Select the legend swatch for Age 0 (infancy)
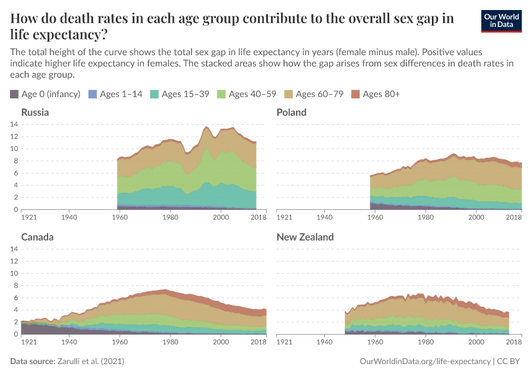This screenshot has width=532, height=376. (x=14, y=94)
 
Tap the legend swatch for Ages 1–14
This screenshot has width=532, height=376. (x=93, y=94)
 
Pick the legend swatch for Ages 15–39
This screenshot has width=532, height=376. (x=155, y=94)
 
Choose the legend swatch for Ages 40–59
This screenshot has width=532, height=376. (x=222, y=94)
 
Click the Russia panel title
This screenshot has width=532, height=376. (x=35, y=112)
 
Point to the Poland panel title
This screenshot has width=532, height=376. (x=292, y=112)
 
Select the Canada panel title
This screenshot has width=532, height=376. (x=38, y=237)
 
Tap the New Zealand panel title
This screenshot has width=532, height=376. (x=305, y=237)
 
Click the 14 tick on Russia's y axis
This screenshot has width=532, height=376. (x=14, y=124)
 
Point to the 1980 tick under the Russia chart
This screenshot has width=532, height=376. (x=170, y=217)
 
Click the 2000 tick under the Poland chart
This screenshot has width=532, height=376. (x=476, y=217)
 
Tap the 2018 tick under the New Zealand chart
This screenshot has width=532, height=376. (x=514, y=342)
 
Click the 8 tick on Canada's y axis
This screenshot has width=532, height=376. (x=16, y=285)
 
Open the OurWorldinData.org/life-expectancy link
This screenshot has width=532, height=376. (x=426, y=362)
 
